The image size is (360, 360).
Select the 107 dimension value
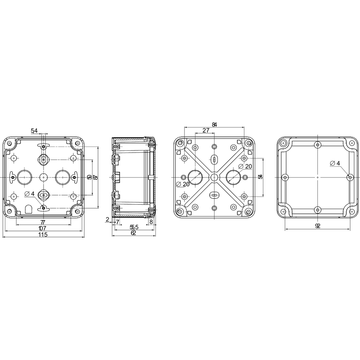tap(43, 229)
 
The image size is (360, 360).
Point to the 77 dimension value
tap(43, 222)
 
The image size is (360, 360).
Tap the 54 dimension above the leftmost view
tap(34, 131)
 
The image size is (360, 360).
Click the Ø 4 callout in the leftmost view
tap(30, 194)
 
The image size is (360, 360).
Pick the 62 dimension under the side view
tap(133, 233)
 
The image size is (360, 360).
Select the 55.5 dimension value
tap(134, 227)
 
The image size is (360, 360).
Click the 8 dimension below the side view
tap(151, 222)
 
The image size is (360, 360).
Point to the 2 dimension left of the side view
tap(107, 219)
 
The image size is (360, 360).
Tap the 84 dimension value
tap(214, 124)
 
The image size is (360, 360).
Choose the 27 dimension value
tap(206, 130)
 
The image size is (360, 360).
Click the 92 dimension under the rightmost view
tap(317, 226)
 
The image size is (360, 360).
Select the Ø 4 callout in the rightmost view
tap(335, 163)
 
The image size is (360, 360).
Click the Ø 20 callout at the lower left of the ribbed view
tap(183, 184)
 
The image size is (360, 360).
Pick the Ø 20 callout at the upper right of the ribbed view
tap(245, 166)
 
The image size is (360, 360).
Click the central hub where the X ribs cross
tap(214, 177)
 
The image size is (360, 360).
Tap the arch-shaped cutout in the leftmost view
tap(28, 210)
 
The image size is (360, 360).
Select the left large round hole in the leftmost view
tap(24, 177)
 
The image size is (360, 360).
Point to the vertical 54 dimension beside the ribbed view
tap(260, 177)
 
